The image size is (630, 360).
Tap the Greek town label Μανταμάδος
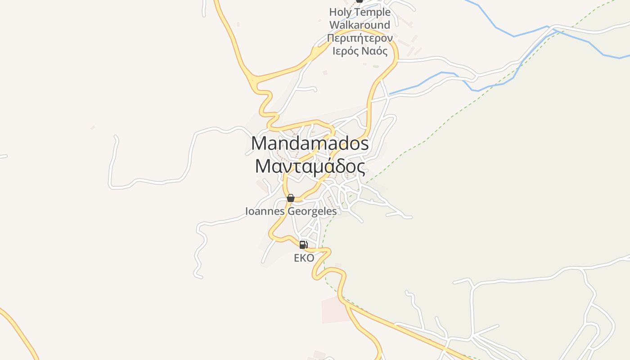tap(310, 166)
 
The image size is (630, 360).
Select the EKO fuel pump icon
tap(304, 245)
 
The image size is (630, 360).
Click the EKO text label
tap(304, 258)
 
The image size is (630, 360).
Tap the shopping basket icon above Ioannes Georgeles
tap(291, 198)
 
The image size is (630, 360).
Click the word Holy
tap(341, 12)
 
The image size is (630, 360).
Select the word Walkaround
tap(360, 25)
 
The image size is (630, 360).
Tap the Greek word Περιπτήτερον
tap(360, 38)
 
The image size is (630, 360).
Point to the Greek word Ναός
tap(374, 51)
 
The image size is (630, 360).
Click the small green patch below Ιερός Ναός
tap(376, 67)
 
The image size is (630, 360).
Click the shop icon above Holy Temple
tap(359, 1)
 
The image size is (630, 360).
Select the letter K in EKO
tap(304, 258)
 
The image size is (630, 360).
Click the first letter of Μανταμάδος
tap(263, 166)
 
